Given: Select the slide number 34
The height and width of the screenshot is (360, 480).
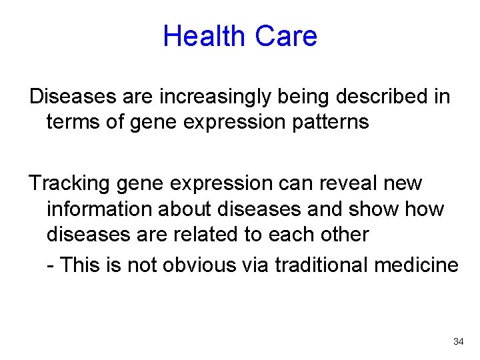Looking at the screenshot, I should [458, 341].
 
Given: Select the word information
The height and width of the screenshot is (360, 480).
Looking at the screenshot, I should [99, 209].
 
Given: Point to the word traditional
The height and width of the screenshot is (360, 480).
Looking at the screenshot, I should [318, 265].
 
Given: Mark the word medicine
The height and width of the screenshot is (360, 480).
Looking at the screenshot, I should [417, 265].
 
